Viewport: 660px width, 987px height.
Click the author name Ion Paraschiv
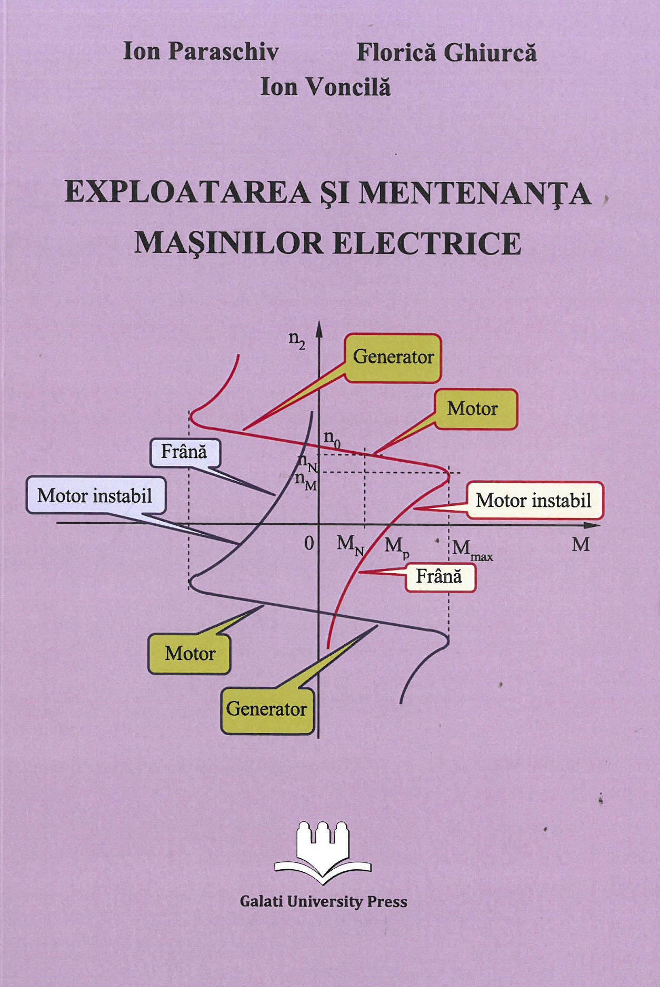201,52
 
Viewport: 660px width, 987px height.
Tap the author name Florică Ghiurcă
447,52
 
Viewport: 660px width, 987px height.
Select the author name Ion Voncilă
326,87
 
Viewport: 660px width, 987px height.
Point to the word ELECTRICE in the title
427,243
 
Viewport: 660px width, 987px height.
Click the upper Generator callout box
393,358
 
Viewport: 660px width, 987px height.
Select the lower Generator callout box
267,709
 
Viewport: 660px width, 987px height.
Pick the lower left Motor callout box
189,654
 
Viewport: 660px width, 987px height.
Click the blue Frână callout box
185,452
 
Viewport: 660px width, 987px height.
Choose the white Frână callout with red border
440,577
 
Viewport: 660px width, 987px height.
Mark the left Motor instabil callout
96,495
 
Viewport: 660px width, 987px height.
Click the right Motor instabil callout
534,500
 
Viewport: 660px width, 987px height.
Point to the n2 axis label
297,339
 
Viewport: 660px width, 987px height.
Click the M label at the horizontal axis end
581,544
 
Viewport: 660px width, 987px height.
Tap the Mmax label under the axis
472,551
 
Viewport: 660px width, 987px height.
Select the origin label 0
309,543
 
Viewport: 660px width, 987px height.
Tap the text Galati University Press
324,901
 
